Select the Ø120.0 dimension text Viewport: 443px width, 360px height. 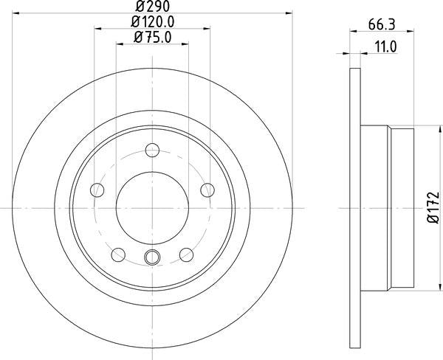coord(153,22)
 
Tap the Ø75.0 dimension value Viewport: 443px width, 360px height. coord(153,38)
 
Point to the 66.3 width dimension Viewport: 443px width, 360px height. coord(380,24)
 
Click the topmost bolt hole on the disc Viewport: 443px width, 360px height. coord(153,151)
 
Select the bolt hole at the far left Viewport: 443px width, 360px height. coord(97,191)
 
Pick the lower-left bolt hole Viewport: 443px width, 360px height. coord(117,255)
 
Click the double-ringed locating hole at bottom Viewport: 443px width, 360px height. coord(152,257)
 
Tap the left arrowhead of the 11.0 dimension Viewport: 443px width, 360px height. coord(349,53)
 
